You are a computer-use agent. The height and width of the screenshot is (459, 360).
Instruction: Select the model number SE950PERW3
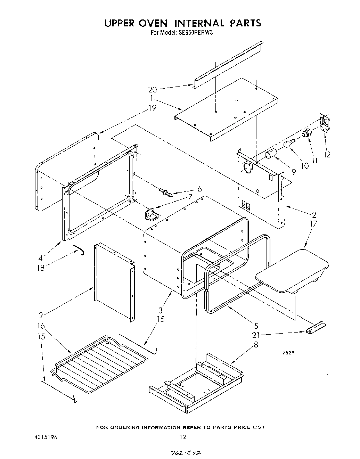click(196, 33)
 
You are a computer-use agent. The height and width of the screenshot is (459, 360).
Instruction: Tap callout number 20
click(153, 90)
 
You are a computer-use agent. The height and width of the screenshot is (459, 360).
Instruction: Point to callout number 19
click(152, 108)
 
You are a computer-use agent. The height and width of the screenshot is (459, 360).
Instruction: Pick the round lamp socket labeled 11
click(306, 133)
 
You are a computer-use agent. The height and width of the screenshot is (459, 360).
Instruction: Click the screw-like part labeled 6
click(166, 192)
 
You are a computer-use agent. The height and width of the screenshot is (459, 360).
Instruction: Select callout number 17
click(313, 224)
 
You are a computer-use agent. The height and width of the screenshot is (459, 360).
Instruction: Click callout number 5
click(256, 326)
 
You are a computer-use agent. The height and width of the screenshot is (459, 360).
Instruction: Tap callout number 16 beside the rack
click(41, 326)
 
